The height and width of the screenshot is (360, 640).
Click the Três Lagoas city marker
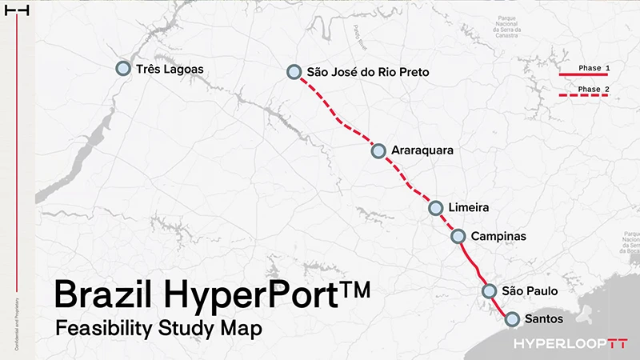tap(123, 69)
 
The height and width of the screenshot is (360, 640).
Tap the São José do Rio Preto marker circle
tap(294, 72)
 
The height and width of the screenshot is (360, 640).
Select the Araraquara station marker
tap(379, 150)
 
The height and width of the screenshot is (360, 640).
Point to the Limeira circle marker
tap(436, 208)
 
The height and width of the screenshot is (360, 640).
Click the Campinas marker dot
tap(458, 236)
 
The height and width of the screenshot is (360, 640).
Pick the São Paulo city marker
tap(490, 291)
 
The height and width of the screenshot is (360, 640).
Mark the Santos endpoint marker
tap(513, 318)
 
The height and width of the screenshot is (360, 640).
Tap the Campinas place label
tap(498, 236)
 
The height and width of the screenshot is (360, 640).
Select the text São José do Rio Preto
tap(368, 72)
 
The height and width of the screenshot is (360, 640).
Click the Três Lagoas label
tap(170, 70)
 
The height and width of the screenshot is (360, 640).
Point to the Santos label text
tap(545, 319)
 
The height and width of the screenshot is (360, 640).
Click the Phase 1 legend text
tap(594, 68)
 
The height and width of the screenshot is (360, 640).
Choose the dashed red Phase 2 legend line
tap(583, 96)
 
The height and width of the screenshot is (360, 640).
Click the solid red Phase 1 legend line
tap(583, 75)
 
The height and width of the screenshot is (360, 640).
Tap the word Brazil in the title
tap(104, 295)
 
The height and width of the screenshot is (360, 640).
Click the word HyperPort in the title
tap(253, 295)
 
